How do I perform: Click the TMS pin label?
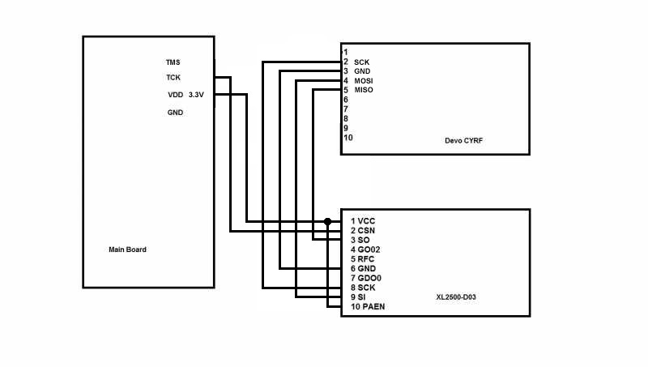point(173,62)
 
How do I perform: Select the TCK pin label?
point(173,79)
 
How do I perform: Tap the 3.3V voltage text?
point(197,95)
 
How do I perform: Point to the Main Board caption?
point(127,250)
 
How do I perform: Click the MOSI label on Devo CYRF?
point(363,81)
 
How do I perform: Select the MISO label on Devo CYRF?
point(363,90)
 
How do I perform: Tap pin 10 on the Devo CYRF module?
point(347,138)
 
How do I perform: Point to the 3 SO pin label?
point(360,241)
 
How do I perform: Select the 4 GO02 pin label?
point(365,250)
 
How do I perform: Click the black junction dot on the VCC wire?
point(327,221)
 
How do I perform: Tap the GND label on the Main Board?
point(175,113)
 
